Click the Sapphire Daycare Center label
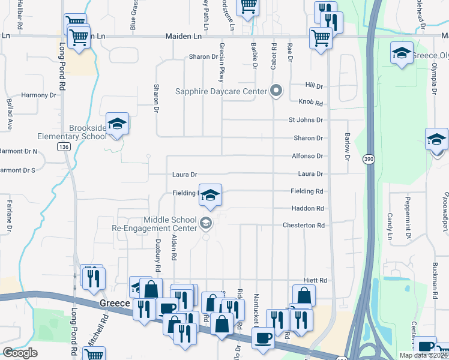point(220,92)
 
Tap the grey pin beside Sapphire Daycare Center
point(276,91)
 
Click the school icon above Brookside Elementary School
point(117,124)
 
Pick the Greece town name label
point(114,304)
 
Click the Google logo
point(20,353)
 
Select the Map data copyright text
point(423,355)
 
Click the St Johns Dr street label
point(306,120)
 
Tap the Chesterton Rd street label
point(304,226)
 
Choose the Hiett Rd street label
point(315,280)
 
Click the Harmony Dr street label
point(38,95)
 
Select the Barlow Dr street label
point(347,147)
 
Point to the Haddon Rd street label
point(307,209)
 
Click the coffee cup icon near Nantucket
point(262,338)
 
